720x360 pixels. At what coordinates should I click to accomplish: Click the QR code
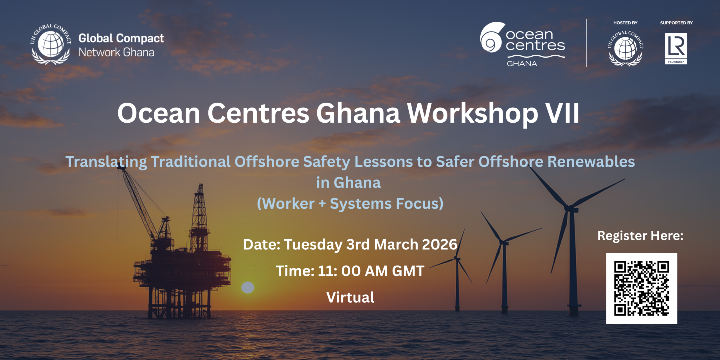[x=642, y=288]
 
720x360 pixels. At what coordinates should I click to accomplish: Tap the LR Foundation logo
[x=676, y=49]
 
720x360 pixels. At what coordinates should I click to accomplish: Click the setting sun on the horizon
[x=248, y=287]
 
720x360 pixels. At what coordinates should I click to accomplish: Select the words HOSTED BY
[x=625, y=23]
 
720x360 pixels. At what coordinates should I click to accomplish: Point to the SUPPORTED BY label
[x=676, y=23]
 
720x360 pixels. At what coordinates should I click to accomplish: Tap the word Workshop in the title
[x=472, y=114]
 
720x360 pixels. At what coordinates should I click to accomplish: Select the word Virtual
[x=350, y=297]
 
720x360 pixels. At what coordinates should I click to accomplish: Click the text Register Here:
[x=640, y=236]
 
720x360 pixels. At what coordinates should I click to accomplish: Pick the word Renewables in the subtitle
[x=591, y=162]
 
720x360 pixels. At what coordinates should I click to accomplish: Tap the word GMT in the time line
[x=408, y=271]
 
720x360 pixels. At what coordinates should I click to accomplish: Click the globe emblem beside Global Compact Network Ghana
[x=51, y=44]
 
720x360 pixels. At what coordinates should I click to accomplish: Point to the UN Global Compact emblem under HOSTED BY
[x=625, y=48]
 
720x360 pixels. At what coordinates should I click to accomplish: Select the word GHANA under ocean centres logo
[x=522, y=64]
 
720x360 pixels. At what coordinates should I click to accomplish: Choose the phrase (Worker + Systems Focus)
[x=350, y=204]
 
